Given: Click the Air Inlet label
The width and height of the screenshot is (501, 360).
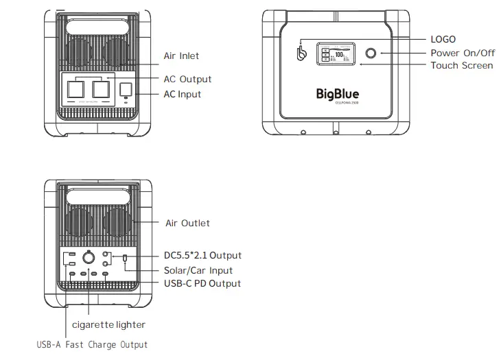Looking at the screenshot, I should [181, 56].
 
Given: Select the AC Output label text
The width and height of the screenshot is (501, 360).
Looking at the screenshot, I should [187, 79].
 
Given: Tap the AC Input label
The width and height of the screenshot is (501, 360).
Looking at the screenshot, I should [182, 94].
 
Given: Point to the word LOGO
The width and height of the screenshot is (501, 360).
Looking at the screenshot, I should [443, 39].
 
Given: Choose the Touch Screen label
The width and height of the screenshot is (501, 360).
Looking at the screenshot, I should [461, 65].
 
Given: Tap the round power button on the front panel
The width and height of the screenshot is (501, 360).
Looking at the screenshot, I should [371, 53].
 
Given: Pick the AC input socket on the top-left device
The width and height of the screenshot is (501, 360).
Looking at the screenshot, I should [126, 89].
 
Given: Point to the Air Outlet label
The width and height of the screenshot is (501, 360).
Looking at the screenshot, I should [187, 223].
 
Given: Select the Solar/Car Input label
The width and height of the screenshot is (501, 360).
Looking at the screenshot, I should [198, 270].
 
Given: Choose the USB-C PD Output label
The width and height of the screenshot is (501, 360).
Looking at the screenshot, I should [202, 283].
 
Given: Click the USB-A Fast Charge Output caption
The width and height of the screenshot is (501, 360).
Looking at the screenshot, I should [91, 344].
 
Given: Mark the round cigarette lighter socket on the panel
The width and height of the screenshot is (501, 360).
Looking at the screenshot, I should [89, 259].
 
